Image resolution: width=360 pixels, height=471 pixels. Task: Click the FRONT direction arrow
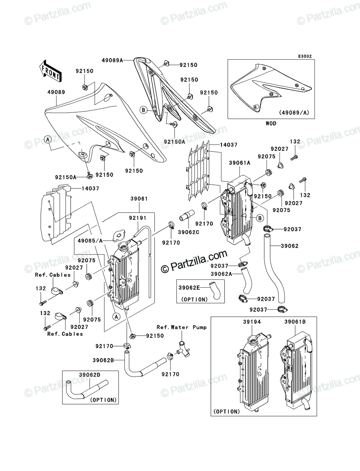point(50,71)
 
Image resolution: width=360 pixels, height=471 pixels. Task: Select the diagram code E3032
point(305,56)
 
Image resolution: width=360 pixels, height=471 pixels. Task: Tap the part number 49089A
point(112,60)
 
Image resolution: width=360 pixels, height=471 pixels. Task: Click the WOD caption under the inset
point(271,124)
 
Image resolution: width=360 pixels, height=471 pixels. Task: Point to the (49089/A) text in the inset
point(294,113)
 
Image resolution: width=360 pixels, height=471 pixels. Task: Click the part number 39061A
point(239,163)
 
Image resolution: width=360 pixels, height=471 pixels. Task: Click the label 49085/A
point(90,241)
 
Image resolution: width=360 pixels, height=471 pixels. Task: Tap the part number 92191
point(137,218)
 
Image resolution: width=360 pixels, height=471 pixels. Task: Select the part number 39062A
point(221,274)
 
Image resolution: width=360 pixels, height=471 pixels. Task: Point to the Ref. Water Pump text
point(181,327)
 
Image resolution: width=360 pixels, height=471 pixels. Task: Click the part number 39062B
point(103,360)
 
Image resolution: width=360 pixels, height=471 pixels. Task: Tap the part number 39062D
point(90,375)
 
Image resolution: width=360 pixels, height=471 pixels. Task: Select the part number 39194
point(252,322)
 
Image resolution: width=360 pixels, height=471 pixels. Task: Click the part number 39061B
point(295,322)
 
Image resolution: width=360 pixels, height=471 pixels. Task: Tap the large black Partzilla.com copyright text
point(194,261)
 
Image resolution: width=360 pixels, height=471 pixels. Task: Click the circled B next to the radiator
point(260,219)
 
